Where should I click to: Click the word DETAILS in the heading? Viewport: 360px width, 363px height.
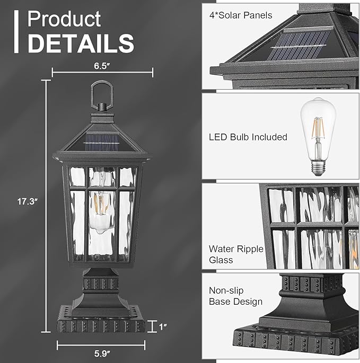[81, 43]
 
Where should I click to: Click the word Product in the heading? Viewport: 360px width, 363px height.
[64, 19]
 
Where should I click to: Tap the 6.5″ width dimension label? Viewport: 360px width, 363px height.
[102, 66]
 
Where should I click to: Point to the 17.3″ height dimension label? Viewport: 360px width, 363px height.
[28, 201]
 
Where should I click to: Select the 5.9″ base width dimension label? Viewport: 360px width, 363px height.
[102, 353]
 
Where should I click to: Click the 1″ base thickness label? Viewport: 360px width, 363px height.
[163, 326]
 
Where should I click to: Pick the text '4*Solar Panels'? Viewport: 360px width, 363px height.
[241, 15]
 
